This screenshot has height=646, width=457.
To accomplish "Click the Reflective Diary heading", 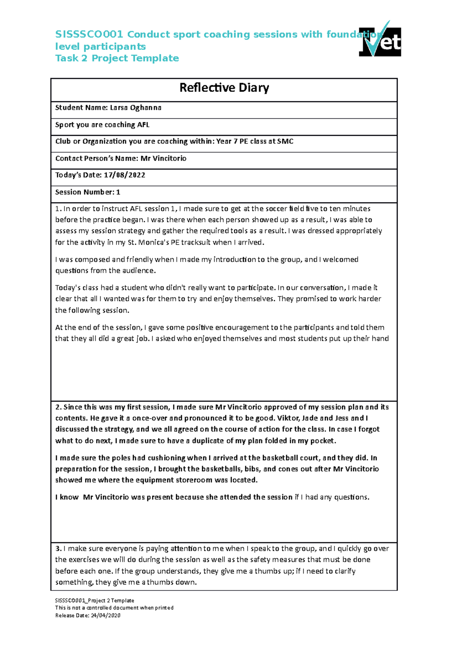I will pyautogui.click(x=224, y=88).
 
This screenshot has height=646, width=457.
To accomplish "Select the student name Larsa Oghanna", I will pyautogui.click(x=136, y=108).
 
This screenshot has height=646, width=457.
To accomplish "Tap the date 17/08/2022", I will pyautogui.click(x=125, y=175).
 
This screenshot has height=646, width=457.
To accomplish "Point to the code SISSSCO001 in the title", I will pyautogui.click(x=89, y=35).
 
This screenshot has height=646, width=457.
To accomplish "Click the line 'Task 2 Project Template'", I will pyautogui.click(x=117, y=58).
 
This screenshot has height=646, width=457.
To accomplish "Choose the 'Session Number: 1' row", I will pyautogui.click(x=88, y=192).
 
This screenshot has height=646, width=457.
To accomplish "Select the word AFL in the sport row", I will pyautogui.click(x=143, y=125).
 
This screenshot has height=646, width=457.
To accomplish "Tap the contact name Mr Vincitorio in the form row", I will pyautogui.click(x=163, y=158).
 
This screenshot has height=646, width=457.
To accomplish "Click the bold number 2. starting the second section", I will pyautogui.click(x=58, y=407).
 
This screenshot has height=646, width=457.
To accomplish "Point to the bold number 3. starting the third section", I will pyautogui.click(x=58, y=549).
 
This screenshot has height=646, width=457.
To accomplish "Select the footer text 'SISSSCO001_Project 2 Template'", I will pyautogui.click(x=94, y=601).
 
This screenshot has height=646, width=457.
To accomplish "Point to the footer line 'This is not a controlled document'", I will pyautogui.click(x=114, y=608).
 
